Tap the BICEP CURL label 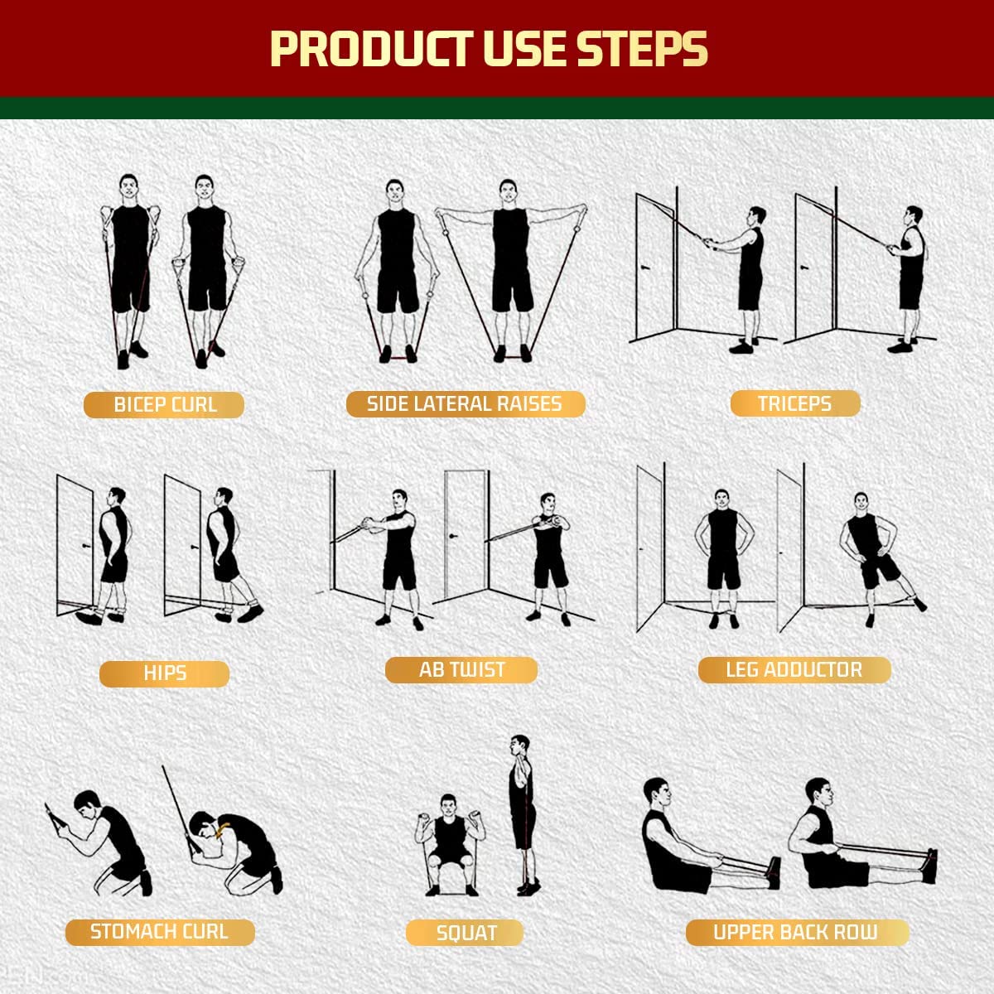[164, 405]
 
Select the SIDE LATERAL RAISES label [465, 404]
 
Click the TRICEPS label [794, 404]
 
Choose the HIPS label [164, 673]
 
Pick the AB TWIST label [461, 670]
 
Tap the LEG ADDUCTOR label [794, 670]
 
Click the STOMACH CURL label [159, 932]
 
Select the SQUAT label [466, 934]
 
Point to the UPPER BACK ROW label [796, 933]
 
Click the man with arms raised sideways [511, 265]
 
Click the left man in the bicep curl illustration [130, 265]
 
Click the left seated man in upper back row [675, 841]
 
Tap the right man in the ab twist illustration [548, 555]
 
